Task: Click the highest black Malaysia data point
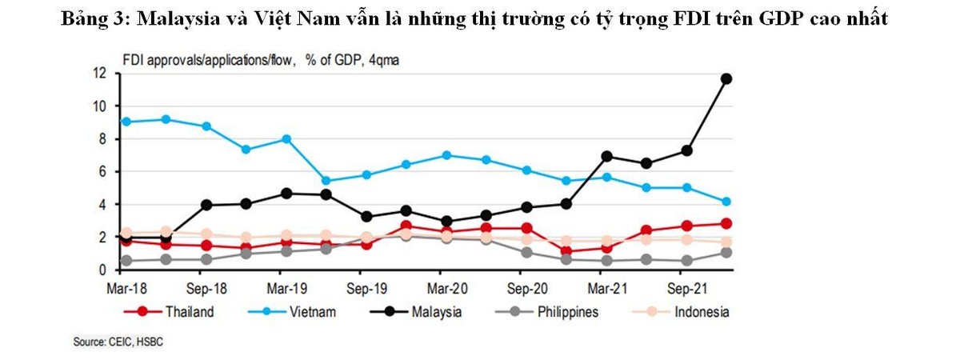tap(726, 78)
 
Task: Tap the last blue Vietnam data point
tap(726, 202)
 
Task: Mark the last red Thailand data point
tap(726, 224)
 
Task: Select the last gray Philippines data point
tap(726, 253)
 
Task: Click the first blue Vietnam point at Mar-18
tap(126, 122)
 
